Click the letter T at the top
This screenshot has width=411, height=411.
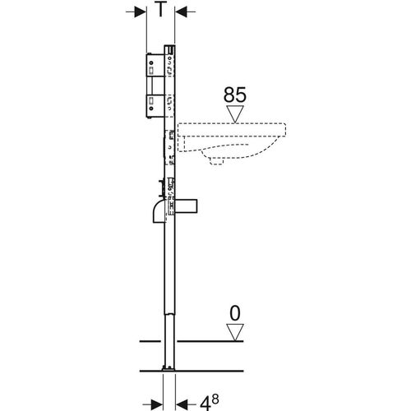click(160, 10)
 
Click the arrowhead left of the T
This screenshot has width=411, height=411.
click(141, 12)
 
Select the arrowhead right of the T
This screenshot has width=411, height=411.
click(181, 12)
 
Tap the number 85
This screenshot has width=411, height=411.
click(235, 95)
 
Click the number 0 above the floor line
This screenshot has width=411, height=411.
click(235, 313)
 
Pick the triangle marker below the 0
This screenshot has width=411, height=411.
click(235, 332)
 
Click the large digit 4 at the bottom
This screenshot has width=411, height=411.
click(205, 403)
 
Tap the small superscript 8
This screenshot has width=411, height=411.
click(215, 399)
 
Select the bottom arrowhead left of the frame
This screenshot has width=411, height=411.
click(157, 404)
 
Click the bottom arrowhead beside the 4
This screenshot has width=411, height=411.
click(182, 404)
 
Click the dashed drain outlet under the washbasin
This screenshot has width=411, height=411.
click(216, 161)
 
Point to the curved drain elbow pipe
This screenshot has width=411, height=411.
click(159, 211)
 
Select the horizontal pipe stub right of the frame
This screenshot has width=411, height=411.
click(187, 206)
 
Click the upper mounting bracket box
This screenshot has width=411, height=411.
click(155, 65)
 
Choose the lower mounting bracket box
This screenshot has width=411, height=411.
click(155, 107)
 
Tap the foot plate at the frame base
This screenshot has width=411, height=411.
click(169, 368)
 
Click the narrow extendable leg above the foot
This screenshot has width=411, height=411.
click(169, 340)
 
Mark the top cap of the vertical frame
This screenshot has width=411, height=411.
click(169, 49)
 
